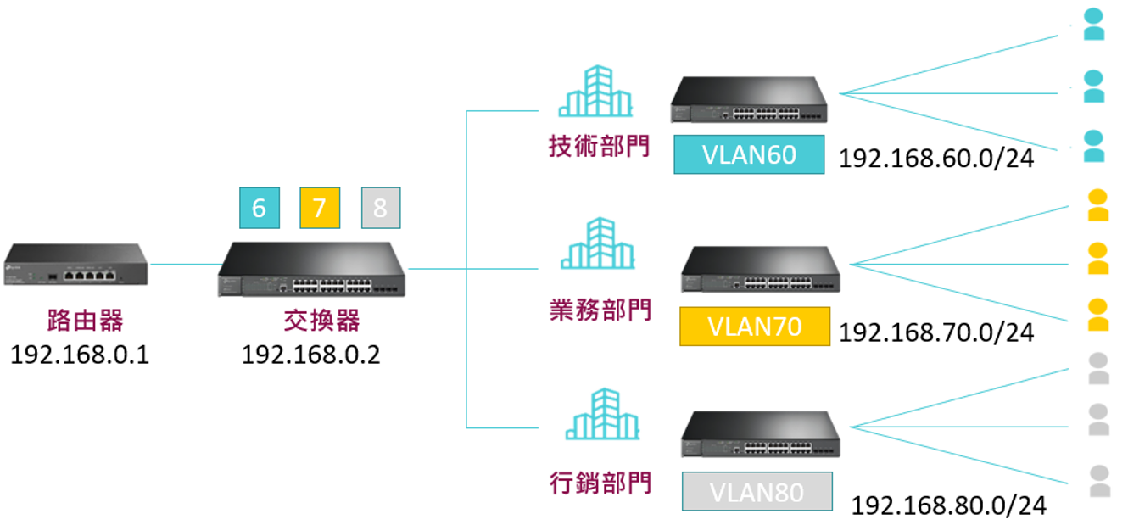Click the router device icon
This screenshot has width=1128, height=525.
[x=76, y=265]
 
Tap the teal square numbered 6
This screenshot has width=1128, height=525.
[x=260, y=208]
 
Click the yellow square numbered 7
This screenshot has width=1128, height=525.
[x=320, y=208]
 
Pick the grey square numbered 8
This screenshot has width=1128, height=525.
[x=381, y=208]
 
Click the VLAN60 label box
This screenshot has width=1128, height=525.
[x=749, y=154]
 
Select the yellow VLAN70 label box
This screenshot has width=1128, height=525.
[x=754, y=327]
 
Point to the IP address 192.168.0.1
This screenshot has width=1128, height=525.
[x=80, y=354]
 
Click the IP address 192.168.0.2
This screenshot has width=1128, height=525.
[x=311, y=354]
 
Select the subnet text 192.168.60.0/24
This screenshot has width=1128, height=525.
[x=935, y=159]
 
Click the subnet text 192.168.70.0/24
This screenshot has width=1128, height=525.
[x=935, y=332]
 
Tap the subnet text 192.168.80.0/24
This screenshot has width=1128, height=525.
[x=948, y=505]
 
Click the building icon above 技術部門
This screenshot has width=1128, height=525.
[x=595, y=91]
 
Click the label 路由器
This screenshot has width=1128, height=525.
[x=85, y=320]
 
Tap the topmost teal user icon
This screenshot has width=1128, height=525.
[x=1095, y=25]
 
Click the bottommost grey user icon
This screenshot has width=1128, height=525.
[x=1099, y=481]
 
